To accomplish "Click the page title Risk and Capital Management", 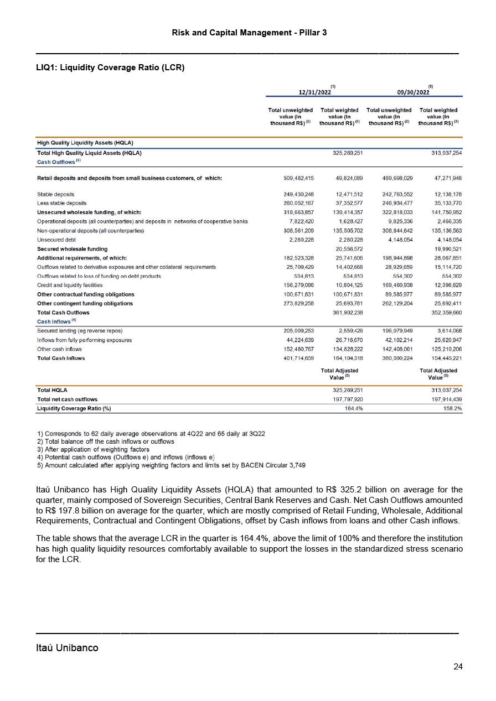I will (249, 33).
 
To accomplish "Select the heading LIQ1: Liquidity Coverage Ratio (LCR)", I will (110, 67).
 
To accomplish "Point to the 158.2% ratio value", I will (452, 408).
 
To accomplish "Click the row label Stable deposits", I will (55, 194).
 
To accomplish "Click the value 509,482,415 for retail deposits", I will (298, 178).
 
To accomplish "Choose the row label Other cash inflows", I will (59, 349).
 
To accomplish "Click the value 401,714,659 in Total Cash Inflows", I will (298, 358).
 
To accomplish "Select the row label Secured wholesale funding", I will (72, 249).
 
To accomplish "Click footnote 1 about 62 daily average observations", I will (151, 433).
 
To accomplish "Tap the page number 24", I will (457, 666).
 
